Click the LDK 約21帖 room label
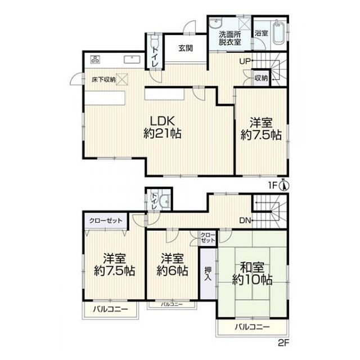tap(163, 127)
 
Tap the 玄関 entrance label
tap(186, 48)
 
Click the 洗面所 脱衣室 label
tap(229, 38)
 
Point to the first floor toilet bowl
tap(155, 41)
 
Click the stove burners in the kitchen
tap(95, 59)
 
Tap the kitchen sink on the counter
tap(132, 59)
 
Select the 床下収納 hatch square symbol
tap(122, 79)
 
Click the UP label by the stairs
tap(245, 61)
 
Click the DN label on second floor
tap(245, 221)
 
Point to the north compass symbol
tap(283, 185)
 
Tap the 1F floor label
tap(273, 186)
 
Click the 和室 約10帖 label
tap(252, 273)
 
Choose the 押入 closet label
tap(208, 273)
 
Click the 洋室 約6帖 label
tap(172, 264)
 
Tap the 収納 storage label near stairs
tap(261, 78)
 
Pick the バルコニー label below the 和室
tap(252, 327)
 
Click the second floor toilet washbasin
tap(165, 199)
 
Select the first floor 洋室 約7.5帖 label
tap(261, 129)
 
